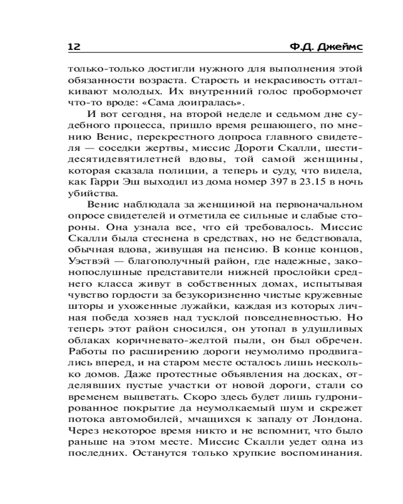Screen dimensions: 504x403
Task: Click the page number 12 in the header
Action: click(x=74, y=47)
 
